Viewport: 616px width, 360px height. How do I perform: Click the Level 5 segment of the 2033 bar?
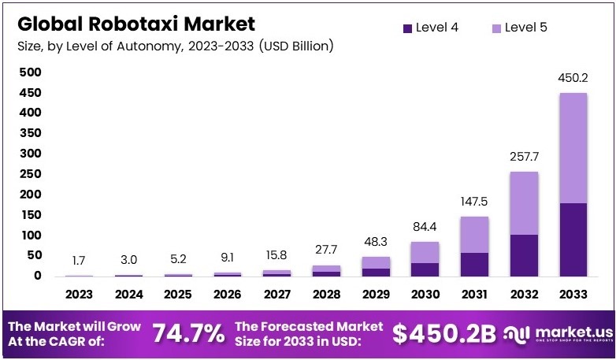(573, 148)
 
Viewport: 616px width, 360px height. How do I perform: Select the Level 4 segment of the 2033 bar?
(573, 239)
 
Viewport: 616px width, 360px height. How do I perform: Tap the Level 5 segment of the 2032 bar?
(523, 203)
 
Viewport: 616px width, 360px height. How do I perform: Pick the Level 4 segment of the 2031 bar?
(473, 264)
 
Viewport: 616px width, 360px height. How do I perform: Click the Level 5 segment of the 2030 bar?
(425, 252)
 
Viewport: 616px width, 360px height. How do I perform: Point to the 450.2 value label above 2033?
(573, 77)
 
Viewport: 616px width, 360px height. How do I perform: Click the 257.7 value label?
(523, 157)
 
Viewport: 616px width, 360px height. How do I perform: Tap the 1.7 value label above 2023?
(80, 261)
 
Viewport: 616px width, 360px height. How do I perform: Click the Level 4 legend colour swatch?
(407, 28)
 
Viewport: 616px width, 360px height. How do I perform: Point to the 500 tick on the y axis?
(30, 72)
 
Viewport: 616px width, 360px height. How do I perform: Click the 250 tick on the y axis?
(30, 174)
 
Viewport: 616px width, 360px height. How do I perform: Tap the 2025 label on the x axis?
(178, 294)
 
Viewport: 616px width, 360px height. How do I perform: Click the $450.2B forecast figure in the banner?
(444, 334)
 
